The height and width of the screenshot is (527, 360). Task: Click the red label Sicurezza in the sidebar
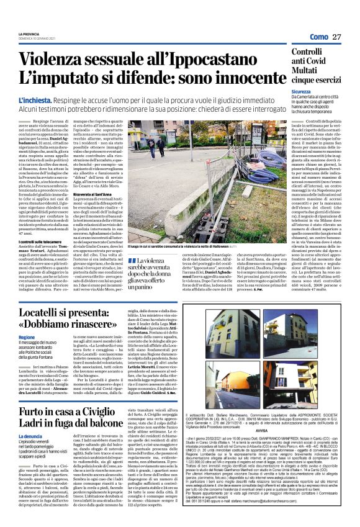coord(302,91)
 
